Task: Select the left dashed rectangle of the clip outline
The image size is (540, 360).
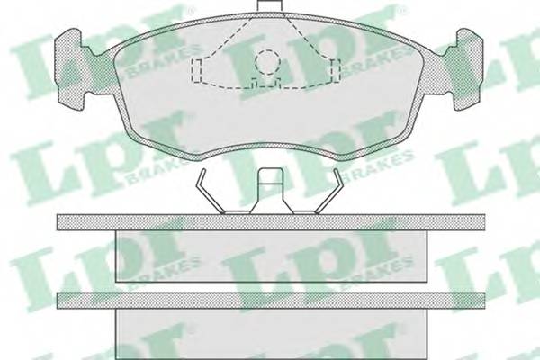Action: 196,70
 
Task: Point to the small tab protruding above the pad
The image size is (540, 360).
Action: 270,5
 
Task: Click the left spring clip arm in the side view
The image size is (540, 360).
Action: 210,191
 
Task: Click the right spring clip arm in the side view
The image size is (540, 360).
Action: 329,191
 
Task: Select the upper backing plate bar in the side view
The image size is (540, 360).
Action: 271,222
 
